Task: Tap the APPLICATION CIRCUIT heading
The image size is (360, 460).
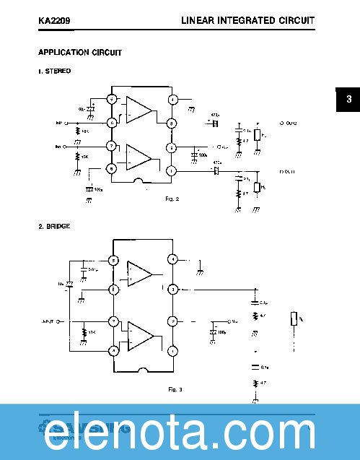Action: (79, 53)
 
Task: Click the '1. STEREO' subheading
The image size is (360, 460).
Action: (55, 71)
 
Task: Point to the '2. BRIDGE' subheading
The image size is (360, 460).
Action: (54, 227)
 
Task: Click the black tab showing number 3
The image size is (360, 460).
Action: (348, 100)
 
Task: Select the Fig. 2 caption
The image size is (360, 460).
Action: (171, 198)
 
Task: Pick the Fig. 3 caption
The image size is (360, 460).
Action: (175, 389)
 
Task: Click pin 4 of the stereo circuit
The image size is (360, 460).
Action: (172, 99)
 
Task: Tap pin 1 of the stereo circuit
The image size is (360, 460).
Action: (172, 170)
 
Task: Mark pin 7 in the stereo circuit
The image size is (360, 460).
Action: (112, 147)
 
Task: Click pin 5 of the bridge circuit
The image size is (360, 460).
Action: (113, 260)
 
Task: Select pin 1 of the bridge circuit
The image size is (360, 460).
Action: (172, 351)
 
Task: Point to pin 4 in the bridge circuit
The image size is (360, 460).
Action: (172, 259)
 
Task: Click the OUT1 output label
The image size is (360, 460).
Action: (288, 172)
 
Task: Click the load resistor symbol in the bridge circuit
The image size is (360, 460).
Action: (293, 318)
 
